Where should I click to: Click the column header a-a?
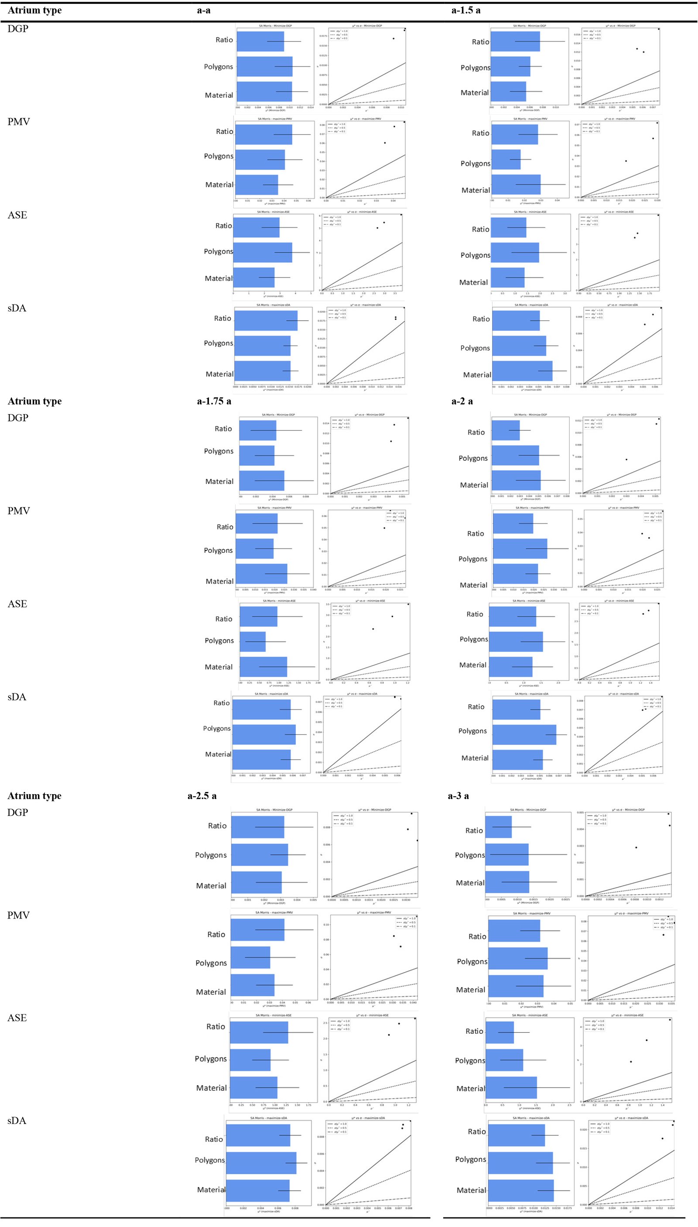pos(204,10)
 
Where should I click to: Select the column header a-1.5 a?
pos(465,10)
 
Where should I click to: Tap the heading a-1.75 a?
pos(214,401)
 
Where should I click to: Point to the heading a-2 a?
pos(462,401)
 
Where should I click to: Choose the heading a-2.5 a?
pos(202,795)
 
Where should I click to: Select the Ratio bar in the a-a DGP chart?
pos(260,42)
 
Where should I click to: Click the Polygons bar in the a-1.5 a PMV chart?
pos(506,160)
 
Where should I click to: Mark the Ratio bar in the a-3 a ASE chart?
pos(500,1032)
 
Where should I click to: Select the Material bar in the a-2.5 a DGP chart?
pos(257,883)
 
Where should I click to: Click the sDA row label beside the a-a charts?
pos(17,308)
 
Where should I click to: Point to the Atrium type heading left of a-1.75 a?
pos(34,401)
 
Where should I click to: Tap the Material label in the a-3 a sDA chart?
pos(471,1189)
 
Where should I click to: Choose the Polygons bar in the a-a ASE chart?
pos(263,253)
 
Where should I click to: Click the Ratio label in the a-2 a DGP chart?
pos(476,432)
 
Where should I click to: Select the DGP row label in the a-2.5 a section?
pos(18,812)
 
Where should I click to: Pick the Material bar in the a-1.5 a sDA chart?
pos(522,370)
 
